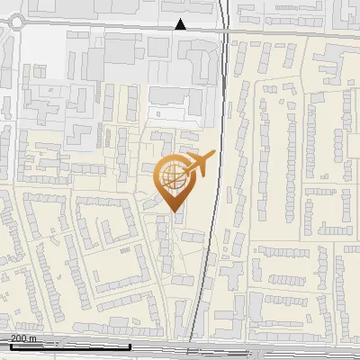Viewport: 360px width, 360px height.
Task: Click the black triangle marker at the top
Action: tap(181, 23)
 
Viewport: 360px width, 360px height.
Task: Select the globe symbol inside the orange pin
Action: tap(172, 176)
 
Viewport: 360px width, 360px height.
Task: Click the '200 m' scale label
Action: tap(22, 338)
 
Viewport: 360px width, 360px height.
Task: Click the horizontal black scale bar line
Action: tap(69, 346)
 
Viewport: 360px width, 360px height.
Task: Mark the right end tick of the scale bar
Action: tap(130, 345)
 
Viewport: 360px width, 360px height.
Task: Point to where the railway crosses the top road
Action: tap(222, 28)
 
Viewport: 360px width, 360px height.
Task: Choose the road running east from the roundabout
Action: tap(90, 27)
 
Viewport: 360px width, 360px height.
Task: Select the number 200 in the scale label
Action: tap(18, 338)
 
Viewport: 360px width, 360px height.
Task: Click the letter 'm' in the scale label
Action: tap(32, 338)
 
